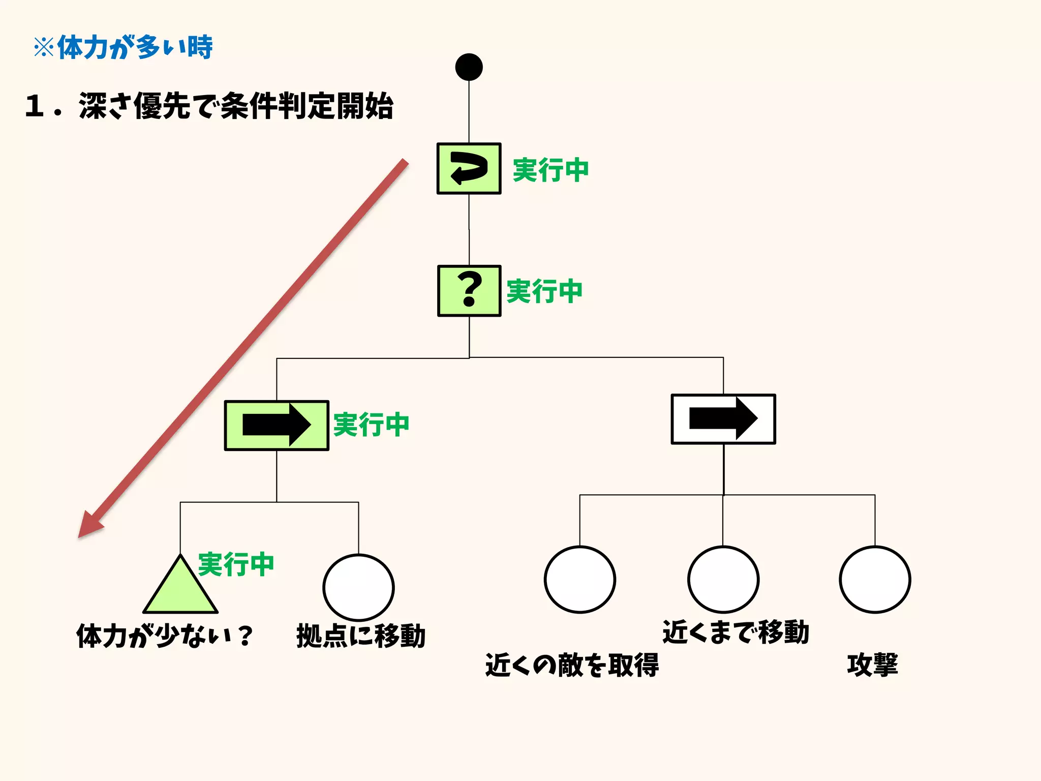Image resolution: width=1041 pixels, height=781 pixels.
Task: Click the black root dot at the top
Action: tap(469, 67)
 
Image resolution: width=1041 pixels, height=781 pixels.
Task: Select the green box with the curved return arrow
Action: tap(469, 168)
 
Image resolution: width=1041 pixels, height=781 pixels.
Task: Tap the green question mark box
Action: tap(469, 291)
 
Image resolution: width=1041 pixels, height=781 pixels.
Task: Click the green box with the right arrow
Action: tap(277, 425)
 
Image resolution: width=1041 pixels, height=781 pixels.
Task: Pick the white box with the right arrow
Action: tap(723, 419)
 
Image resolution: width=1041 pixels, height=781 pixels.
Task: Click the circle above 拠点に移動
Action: tap(358, 587)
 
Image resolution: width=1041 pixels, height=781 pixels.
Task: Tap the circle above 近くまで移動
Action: tap(723, 580)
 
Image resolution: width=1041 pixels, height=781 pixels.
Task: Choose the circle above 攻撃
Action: tap(874, 580)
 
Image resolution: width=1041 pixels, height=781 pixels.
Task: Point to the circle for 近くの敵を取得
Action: tap(579, 580)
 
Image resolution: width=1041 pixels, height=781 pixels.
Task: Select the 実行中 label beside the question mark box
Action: tap(544, 291)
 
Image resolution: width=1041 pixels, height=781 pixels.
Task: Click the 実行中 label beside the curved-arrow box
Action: tap(550, 170)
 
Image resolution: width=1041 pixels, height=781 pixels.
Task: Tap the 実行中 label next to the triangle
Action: tap(236, 565)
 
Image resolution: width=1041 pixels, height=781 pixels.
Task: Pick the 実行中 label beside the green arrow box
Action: tap(371, 425)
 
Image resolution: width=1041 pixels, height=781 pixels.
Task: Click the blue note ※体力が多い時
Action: tap(123, 48)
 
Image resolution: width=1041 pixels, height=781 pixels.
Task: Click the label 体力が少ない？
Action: tap(164, 636)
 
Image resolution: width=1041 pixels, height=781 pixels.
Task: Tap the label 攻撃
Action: tap(872, 665)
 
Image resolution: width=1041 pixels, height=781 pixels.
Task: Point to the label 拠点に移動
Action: tap(360, 636)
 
